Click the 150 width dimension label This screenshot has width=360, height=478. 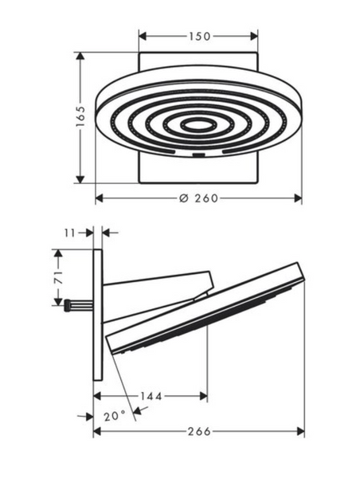[200, 37]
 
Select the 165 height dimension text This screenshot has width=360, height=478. [80, 116]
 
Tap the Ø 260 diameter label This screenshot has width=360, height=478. [198, 198]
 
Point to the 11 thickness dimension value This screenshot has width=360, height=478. [69, 233]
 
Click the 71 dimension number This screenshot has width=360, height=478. [58, 277]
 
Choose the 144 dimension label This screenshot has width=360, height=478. [151, 396]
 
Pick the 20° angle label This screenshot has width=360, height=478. [115, 416]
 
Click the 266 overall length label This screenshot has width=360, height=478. [199, 431]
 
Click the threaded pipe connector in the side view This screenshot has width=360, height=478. [78, 305]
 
